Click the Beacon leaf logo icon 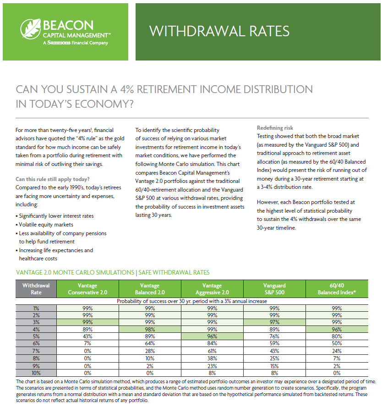click(x=31, y=30)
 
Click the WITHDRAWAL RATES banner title click(x=219, y=31)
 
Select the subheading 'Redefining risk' click(x=275, y=128)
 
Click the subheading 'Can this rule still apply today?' click(x=53, y=179)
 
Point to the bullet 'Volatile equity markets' click(x=46, y=225)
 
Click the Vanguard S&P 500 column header click(x=274, y=289)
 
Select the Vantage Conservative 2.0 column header click(x=87, y=289)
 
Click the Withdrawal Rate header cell click(x=36, y=289)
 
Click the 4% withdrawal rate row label click(x=36, y=328)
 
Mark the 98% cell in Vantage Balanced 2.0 click(x=150, y=328)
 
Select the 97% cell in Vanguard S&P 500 click(x=274, y=322)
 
